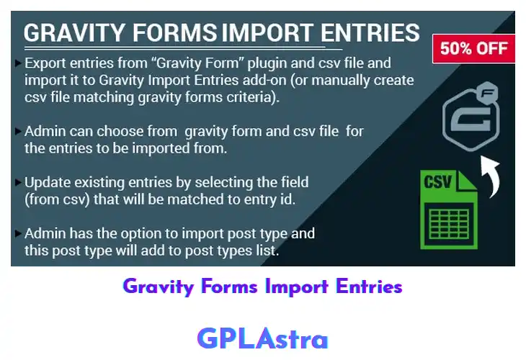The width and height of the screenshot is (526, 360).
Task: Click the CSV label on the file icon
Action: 437,181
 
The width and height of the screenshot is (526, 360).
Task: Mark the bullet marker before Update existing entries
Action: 17,183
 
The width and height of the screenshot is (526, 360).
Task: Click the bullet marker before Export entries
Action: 17,64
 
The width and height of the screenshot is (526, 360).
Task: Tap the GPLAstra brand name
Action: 262,338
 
